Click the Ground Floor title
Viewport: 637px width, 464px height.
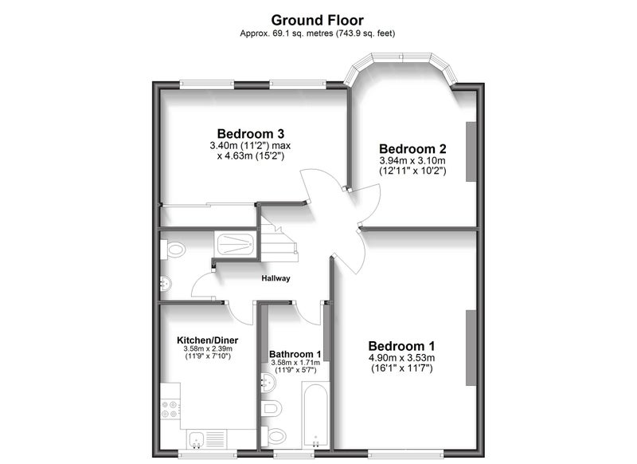click(317, 20)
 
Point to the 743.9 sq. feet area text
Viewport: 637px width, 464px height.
click(365, 33)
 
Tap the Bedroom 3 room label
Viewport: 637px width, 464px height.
click(250, 133)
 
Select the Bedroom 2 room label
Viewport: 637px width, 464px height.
click(412, 148)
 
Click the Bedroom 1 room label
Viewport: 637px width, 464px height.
click(401, 346)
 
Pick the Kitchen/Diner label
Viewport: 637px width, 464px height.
click(208, 340)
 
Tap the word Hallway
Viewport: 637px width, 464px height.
click(276, 278)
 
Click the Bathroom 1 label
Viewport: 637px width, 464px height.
click(295, 354)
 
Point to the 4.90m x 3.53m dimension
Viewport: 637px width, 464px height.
click(401, 358)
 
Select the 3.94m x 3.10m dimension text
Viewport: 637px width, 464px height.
click(412, 160)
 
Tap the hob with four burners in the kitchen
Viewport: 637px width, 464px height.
click(170, 410)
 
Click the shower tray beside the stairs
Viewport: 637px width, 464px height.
click(235, 245)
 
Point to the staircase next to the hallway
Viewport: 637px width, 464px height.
click(279, 240)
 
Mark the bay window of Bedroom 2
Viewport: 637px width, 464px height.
click(401, 66)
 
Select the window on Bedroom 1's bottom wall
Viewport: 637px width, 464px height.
click(406, 453)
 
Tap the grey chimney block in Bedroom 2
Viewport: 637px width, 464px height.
click(471, 151)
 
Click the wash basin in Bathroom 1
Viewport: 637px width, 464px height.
click(268, 382)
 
